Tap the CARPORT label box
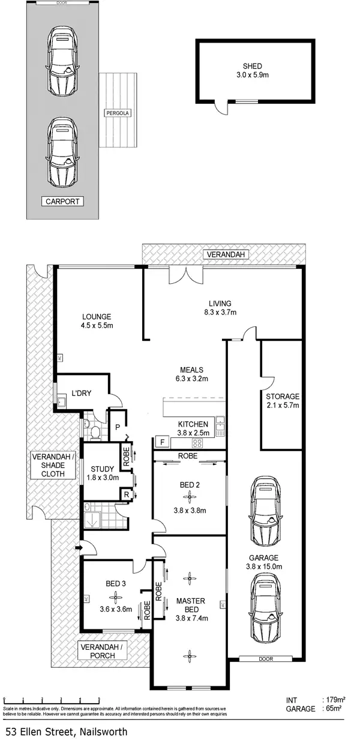(x=62, y=201)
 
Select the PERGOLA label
(x=118, y=113)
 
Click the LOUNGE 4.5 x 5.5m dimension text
(x=97, y=326)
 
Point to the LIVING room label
(x=220, y=303)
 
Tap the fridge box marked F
(x=161, y=443)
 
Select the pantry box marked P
(x=118, y=427)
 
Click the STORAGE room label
(x=283, y=397)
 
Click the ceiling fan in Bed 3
(x=114, y=597)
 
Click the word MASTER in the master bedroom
(x=191, y=601)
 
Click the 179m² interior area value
(x=335, y=700)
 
